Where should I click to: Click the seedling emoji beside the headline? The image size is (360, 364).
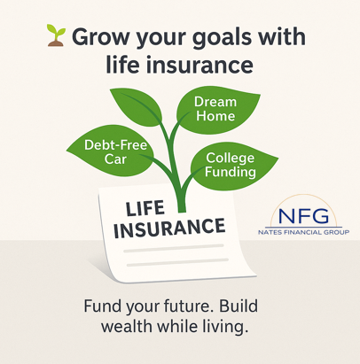pos(56,36)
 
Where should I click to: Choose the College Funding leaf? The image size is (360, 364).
pos(229,165)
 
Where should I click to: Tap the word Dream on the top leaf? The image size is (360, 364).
pos(215,101)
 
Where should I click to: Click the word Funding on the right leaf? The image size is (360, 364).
pos(230,172)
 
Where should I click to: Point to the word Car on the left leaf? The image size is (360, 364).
pos(115,159)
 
